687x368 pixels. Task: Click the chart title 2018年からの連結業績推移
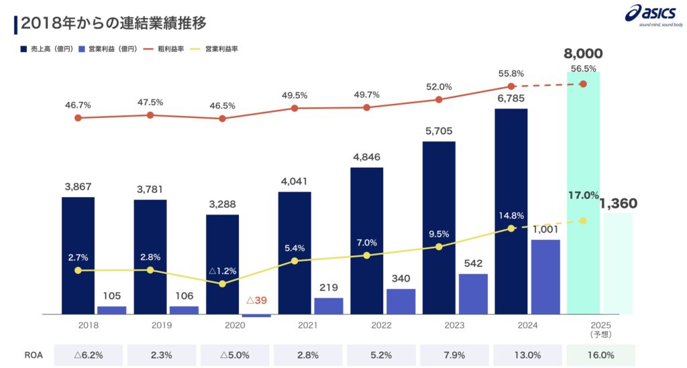(113, 23)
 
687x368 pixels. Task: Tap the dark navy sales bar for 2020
(222, 264)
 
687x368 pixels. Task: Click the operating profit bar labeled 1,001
(545, 276)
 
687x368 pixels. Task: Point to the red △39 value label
(256, 299)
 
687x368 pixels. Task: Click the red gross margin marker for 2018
(78, 118)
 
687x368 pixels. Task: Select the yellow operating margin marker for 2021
(295, 260)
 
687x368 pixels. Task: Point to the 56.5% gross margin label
(583, 68)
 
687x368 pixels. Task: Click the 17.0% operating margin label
(582, 195)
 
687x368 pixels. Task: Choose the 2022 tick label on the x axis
(366, 325)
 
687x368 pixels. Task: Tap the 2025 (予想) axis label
(583, 328)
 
